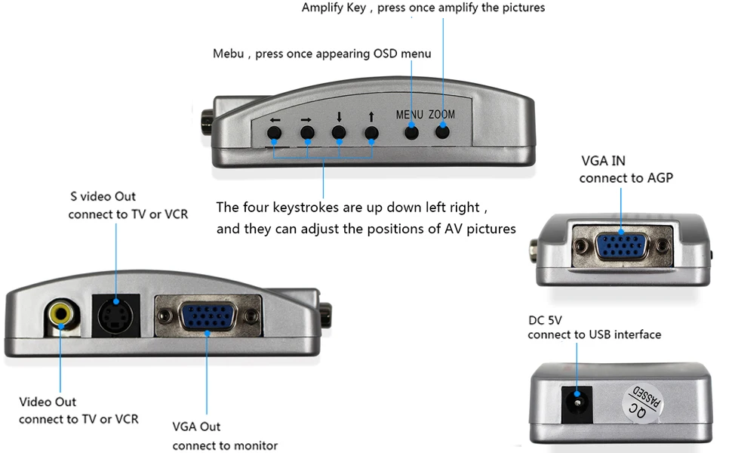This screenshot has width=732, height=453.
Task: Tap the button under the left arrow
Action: coord(275,134)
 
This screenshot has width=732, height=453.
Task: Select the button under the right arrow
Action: coord(307,134)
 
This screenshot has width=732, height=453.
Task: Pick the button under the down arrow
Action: coord(339,134)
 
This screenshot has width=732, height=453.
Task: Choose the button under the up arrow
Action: coord(371,134)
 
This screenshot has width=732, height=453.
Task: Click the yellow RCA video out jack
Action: coord(60,311)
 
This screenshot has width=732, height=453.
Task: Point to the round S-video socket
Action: coord(115,316)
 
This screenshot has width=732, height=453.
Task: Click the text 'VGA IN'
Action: coord(603,161)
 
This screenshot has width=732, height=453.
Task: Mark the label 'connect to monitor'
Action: coord(225,445)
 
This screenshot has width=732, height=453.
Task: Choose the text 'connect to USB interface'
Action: coord(594,334)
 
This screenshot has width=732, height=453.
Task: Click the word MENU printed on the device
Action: coord(410,115)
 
